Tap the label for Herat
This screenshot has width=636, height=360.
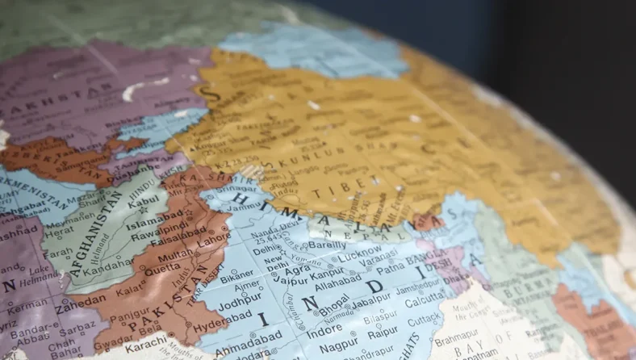tap(59, 232)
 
